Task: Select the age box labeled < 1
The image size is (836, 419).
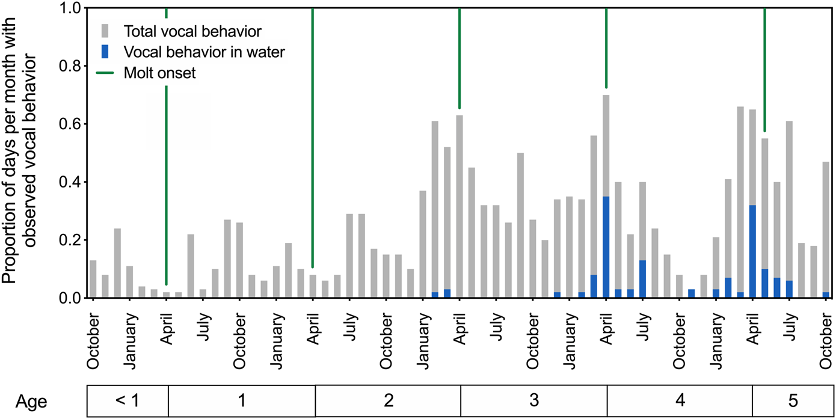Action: [x=127, y=400]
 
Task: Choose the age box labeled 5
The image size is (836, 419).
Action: [x=792, y=400]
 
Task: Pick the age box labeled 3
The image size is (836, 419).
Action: [x=533, y=400]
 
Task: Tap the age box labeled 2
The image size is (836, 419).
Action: [x=388, y=400]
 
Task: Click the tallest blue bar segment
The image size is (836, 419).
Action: [x=606, y=246]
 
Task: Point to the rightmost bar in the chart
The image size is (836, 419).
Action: [x=825, y=228]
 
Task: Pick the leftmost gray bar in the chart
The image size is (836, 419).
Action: [x=93, y=279]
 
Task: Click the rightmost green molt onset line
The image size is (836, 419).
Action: [x=764, y=69]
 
